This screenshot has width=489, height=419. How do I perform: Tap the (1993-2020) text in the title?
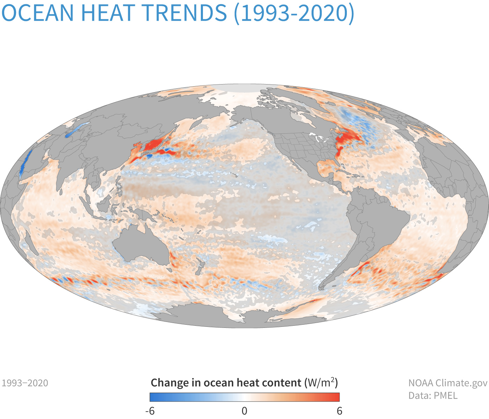point(294,13)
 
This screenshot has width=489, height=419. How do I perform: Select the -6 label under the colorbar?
point(149,411)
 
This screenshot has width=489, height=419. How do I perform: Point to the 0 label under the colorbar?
point(245,411)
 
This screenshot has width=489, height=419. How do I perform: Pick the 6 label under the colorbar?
point(339,411)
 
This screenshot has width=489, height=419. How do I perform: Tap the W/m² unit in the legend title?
point(321,383)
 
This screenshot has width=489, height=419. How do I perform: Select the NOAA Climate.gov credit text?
point(447,383)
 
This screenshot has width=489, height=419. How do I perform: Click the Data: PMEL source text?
point(433,396)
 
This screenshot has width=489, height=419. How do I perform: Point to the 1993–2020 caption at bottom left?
point(25,383)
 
